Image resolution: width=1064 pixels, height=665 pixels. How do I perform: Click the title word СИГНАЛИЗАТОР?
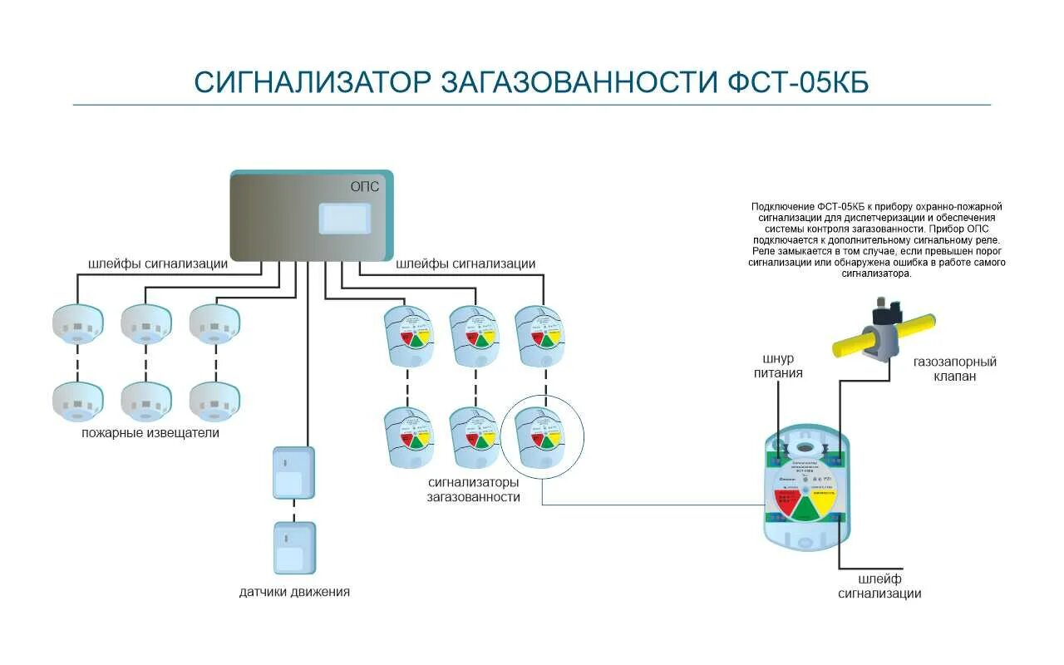point(313,82)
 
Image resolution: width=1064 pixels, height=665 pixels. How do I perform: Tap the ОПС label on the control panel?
point(365,187)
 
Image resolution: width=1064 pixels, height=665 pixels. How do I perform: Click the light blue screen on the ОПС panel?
point(345,219)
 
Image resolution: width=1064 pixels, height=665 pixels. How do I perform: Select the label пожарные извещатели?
point(150,433)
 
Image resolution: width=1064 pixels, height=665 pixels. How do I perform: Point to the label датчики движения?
point(294,592)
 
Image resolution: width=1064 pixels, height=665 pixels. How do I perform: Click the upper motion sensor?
point(294,472)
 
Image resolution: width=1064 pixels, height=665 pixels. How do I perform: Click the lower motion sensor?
point(294,548)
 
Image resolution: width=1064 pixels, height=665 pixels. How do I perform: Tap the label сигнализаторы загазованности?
point(474,490)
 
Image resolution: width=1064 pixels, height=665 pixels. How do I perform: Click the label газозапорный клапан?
point(954,369)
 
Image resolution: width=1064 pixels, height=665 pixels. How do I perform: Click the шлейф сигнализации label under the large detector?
point(879,586)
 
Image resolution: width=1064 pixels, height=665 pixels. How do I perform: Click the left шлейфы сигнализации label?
point(158,264)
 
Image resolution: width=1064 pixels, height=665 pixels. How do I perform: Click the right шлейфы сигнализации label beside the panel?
point(465,264)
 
